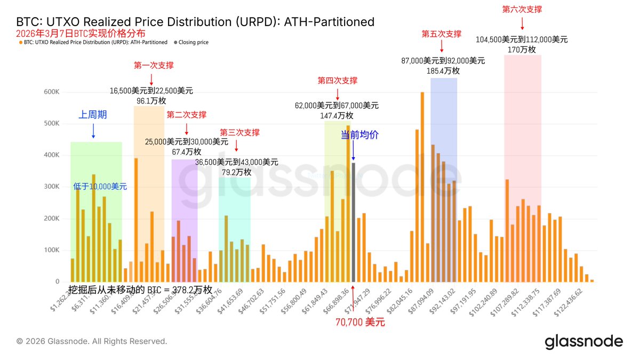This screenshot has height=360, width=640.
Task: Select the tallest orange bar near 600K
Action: [x=422, y=187]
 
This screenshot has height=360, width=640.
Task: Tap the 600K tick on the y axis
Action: [x=52, y=92]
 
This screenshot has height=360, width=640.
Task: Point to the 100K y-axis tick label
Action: [x=52, y=250]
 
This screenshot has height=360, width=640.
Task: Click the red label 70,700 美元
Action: [x=360, y=322]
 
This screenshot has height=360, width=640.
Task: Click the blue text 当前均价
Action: [x=359, y=135]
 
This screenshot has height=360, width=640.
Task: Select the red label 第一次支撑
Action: [x=154, y=66]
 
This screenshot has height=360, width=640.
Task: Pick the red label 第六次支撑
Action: [x=522, y=9]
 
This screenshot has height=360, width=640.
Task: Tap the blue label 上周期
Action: [x=93, y=115]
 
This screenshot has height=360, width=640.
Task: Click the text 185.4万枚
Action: [x=443, y=70]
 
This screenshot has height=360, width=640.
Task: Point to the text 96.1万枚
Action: [x=151, y=100]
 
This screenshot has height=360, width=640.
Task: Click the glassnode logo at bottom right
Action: [x=583, y=342]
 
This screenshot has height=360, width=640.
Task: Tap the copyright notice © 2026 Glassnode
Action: [x=92, y=341]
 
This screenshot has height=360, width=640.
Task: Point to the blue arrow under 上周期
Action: [x=93, y=131]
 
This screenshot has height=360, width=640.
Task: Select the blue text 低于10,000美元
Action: [x=100, y=187]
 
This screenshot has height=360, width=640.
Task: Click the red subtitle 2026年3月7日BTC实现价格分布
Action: [x=74, y=33]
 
